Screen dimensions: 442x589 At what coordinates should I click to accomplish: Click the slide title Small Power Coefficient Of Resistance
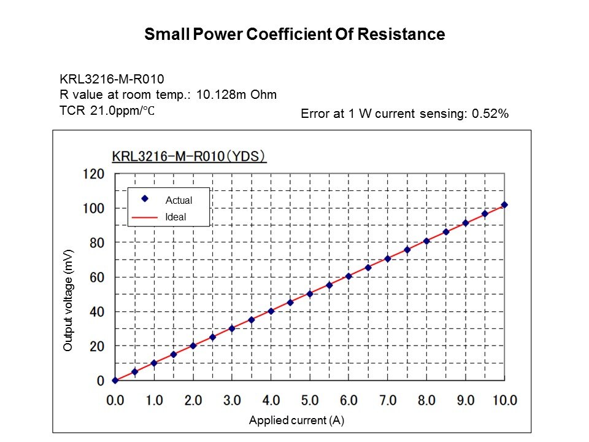pos(294,34)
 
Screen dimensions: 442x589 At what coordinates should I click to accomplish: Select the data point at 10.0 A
pos(504,205)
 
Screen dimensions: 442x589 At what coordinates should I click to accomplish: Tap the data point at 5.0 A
pos(310,293)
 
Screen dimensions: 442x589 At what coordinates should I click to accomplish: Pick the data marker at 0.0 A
pos(115,381)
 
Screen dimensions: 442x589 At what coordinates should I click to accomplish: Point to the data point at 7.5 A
pos(407,250)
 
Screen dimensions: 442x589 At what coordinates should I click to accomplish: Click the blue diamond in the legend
pos(145,199)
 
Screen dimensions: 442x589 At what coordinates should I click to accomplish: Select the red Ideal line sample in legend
pos(145,217)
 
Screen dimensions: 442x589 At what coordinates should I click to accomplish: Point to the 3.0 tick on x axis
pos(232,400)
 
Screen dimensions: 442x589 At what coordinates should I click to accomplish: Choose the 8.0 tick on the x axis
pos(426,400)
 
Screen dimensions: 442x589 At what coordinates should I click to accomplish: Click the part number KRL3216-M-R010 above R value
pos(112,79)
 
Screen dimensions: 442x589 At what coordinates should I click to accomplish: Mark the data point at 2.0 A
pos(193,346)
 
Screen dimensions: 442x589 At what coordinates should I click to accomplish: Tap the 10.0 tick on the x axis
pos(504,400)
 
